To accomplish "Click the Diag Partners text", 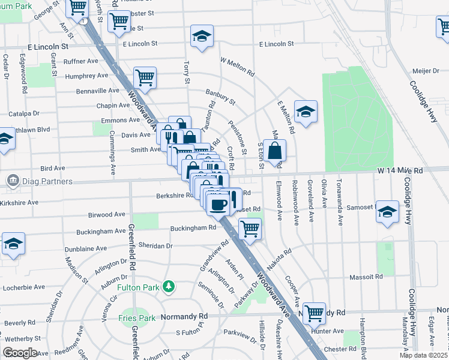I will [44, 181].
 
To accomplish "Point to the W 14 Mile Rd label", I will [400, 170].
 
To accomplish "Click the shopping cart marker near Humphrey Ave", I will [145, 77].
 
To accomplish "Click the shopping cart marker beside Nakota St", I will [250, 228].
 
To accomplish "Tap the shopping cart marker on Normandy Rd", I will [314, 313].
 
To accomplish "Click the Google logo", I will [20, 352].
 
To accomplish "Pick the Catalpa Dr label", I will [24, 113].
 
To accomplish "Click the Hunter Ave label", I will [327, 331].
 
